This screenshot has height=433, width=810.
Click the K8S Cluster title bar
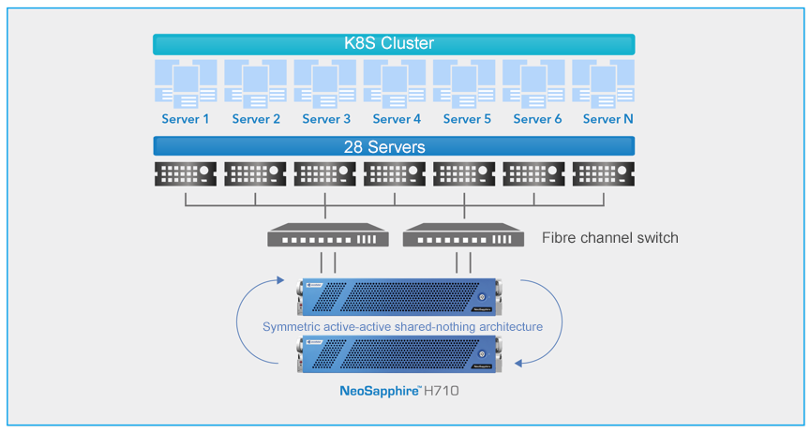tap(394, 44)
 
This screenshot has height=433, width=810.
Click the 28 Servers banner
tap(394, 146)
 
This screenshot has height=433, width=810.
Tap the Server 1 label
tap(186, 119)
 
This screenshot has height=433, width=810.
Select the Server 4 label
tap(397, 119)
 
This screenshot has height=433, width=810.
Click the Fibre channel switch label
tap(609, 238)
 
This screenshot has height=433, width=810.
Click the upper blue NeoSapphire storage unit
tap(397, 296)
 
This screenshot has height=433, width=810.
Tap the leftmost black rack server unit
tap(186, 174)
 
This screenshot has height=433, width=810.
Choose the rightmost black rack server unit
tap(603, 174)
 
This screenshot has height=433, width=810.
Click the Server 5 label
tap(467, 119)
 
